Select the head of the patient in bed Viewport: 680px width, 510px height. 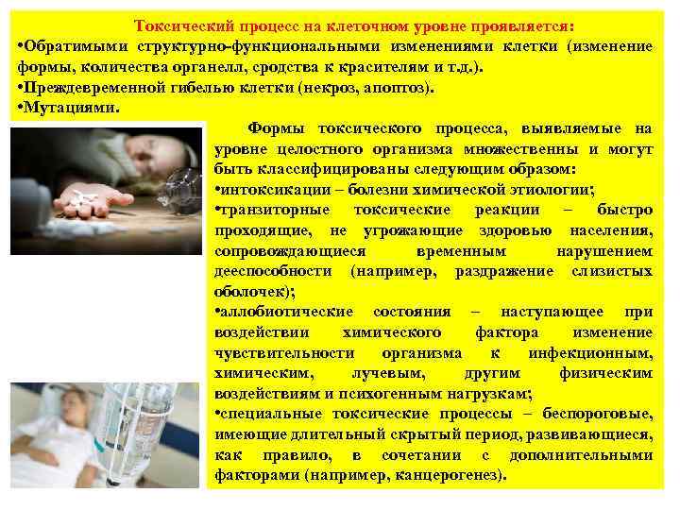67,406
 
